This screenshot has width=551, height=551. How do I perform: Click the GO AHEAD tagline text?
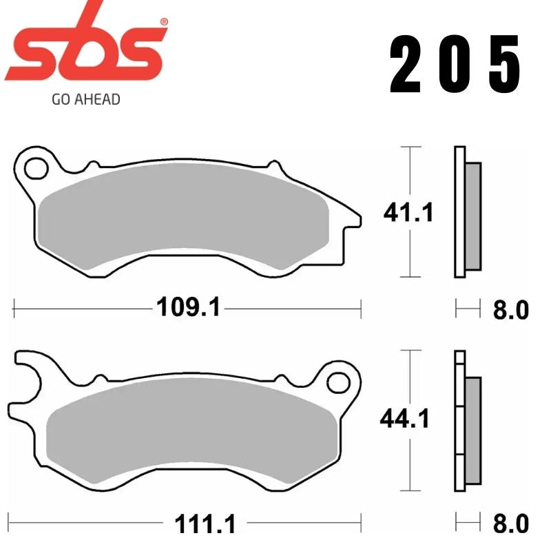pos(86,99)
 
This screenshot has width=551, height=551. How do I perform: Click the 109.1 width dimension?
pos(188,307)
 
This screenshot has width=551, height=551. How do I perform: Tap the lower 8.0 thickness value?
pos(510,525)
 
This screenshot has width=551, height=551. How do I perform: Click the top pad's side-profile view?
pos(467,214)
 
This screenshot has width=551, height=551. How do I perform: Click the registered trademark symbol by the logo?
pos(163,22)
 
